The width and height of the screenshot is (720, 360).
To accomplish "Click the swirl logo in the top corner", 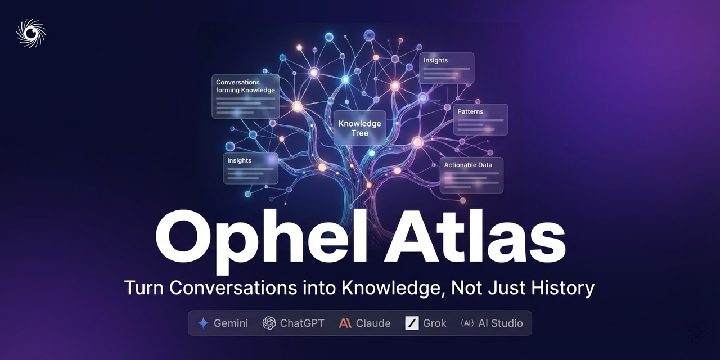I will pos(30,33).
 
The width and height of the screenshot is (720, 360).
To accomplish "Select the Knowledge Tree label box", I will pos(359,128).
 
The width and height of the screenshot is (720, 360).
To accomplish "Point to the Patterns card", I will pos(480,119).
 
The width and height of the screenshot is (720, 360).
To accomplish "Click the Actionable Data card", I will pos(471,175).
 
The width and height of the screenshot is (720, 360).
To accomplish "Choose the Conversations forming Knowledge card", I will pos(245,96).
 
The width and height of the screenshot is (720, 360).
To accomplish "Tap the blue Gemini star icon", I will pos(203,323).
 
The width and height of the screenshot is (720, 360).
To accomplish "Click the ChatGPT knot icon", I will pos(269,323).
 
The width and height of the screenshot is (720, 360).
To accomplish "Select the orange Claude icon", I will pos(345,323).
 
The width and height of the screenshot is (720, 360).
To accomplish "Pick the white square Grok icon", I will pos(412,323).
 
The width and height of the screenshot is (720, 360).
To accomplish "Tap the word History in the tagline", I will pos(562,288).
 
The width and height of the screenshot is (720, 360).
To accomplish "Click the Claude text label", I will pos(373,323).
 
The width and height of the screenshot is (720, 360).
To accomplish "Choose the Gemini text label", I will pos(231,323).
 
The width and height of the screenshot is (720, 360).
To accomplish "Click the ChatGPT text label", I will pos(302,323).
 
